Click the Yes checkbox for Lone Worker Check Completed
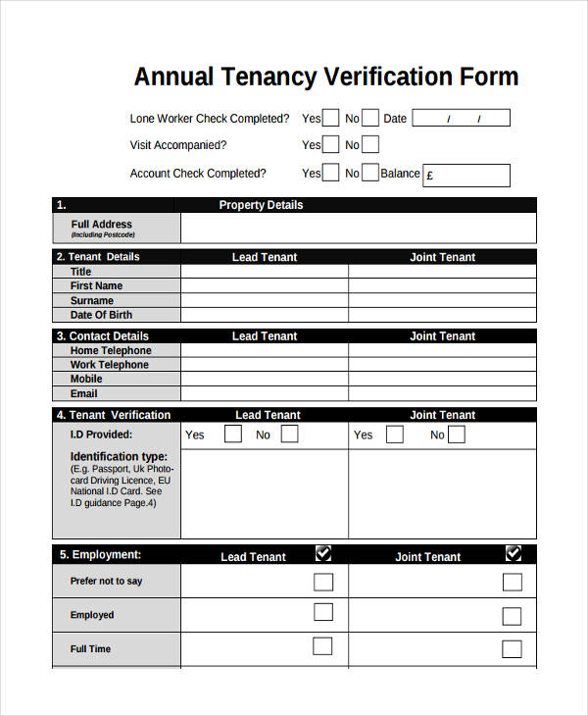(x=331, y=118)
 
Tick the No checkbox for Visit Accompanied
(x=369, y=145)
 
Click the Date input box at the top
(x=461, y=119)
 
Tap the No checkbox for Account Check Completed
(x=369, y=174)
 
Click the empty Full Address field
(x=358, y=229)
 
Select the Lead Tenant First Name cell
(x=265, y=286)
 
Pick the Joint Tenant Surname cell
(x=442, y=301)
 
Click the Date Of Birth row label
(x=101, y=315)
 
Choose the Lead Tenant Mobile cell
(x=265, y=379)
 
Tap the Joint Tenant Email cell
(x=442, y=393)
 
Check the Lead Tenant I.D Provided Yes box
(x=232, y=434)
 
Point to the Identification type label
(x=119, y=457)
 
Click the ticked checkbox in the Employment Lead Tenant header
(x=323, y=554)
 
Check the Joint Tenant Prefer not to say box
(x=513, y=582)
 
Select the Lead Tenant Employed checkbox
(x=323, y=613)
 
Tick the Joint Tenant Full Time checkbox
(x=513, y=648)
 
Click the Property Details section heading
(x=261, y=205)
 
